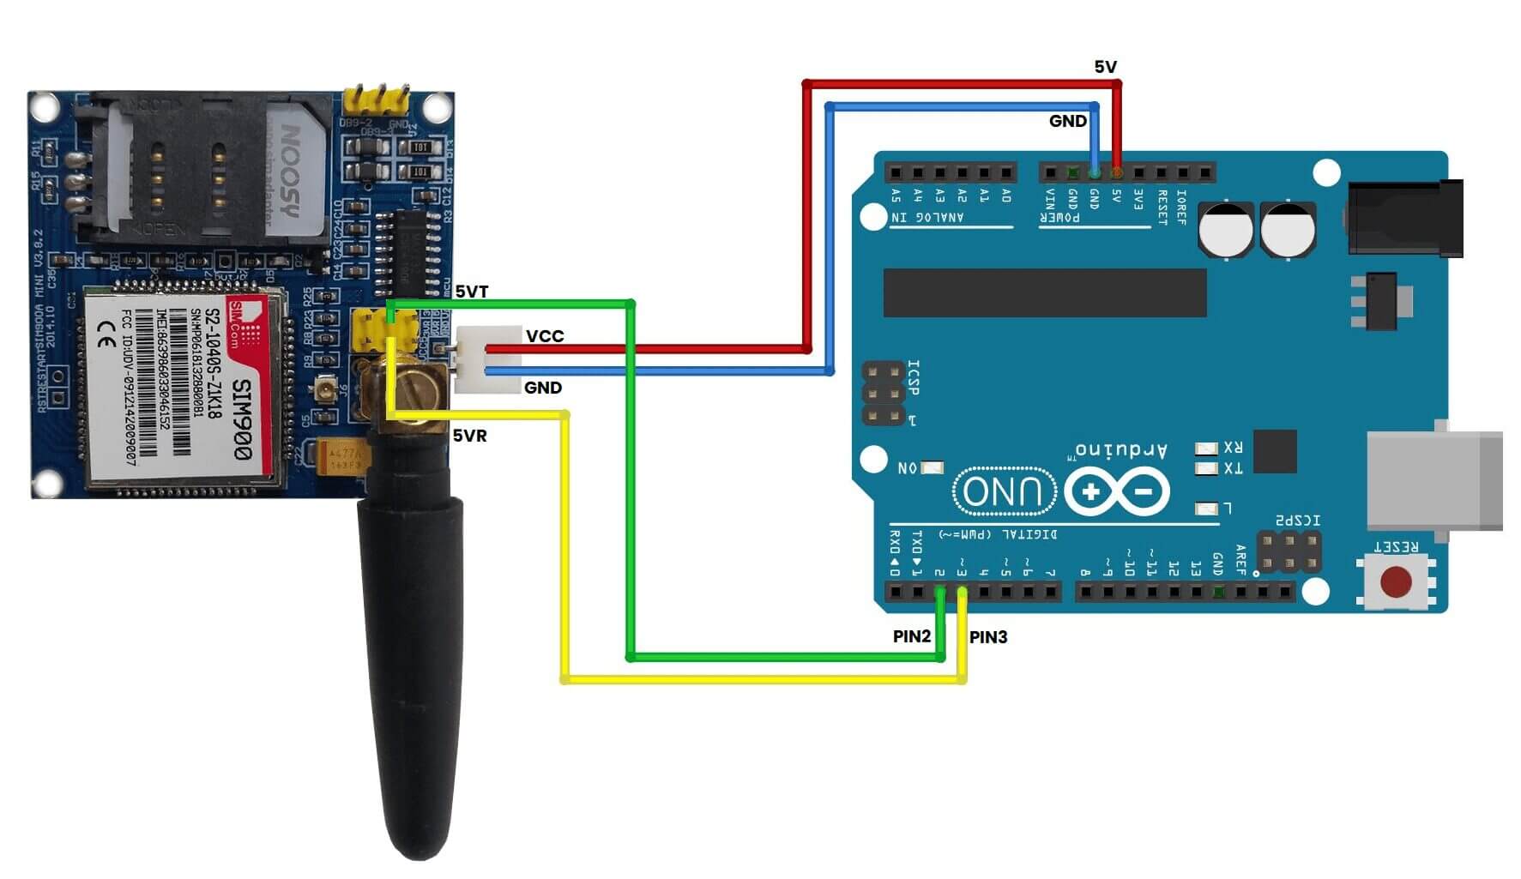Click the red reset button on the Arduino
click(x=1396, y=582)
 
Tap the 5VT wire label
click(x=471, y=292)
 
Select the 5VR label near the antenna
click(x=469, y=436)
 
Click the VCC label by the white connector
click(x=545, y=336)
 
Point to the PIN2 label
click(x=911, y=636)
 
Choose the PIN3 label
click(x=988, y=637)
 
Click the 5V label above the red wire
click(x=1105, y=67)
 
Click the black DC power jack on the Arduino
click(x=1405, y=218)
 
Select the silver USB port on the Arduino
click(x=1433, y=480)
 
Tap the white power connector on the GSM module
click(x=486, y=359)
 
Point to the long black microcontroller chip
click(x=1045, y=292)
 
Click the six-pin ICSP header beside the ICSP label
click(x=884, y=394)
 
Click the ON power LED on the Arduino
click(x=932, y=467)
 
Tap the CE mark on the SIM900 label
click(x=107, y=334)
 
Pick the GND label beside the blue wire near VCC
click(x=543, y=388)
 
